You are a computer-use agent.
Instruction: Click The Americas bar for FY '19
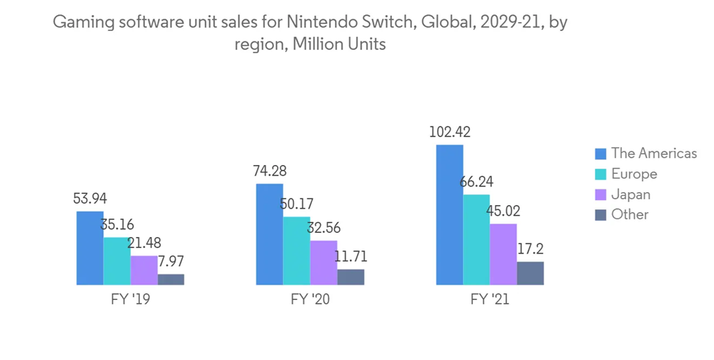pos(90,248)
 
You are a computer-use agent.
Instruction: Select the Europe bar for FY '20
pos(296,251)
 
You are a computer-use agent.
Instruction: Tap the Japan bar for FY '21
pos(503,254)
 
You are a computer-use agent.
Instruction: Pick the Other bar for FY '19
pos(171,279)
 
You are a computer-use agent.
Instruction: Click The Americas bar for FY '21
pos(450,214)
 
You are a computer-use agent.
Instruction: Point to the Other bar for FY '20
pos(351,277)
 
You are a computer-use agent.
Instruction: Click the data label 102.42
pos(450,132)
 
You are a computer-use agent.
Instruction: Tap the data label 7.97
pos(171,262)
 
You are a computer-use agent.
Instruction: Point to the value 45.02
pos(503,211)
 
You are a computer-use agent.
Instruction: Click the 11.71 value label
pos(350,257)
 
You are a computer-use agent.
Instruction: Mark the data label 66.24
pos(476,182)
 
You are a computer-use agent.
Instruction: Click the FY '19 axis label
pos(131,300)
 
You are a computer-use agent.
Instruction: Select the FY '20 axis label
pos(310,300)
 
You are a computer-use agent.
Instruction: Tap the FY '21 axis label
pos(490,300)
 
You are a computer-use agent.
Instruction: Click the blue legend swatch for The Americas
pos(600,154)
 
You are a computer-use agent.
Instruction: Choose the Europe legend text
pos(634,174)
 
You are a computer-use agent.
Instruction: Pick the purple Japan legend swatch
pos(600,194)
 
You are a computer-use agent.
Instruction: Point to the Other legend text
pos(630,214)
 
